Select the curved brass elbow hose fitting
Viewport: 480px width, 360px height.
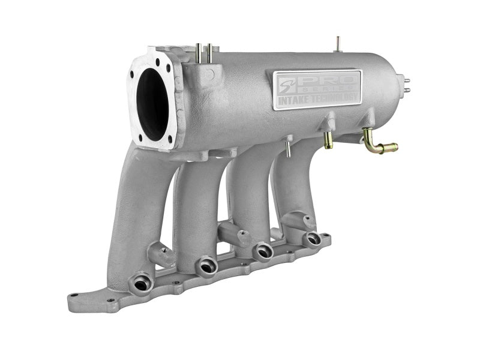coord(378,143)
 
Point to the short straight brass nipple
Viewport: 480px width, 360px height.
coord(328,140)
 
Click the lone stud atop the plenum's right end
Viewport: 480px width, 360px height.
coord(338,44)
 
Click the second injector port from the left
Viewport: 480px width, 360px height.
coord(206,265)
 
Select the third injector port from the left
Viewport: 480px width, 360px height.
coord(262,251)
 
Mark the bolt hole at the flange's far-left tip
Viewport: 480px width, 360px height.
coord(73,295)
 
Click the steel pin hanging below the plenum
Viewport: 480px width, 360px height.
coord(287,148)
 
